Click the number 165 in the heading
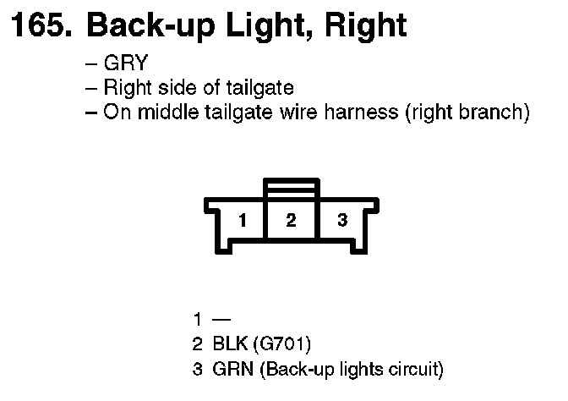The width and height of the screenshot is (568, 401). [x=38, y=26]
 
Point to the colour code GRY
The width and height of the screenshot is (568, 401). [x=126, y=64]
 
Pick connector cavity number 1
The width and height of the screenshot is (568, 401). [x=243, y=221]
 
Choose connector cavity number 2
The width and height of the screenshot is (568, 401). [x=292, y=221]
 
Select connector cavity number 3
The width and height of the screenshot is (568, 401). [x=341, y=221]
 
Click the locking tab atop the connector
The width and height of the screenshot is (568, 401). [x=292, y=187]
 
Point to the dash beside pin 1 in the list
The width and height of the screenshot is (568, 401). [x=222, y=320]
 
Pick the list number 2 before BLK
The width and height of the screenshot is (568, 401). [x=198, y=344]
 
